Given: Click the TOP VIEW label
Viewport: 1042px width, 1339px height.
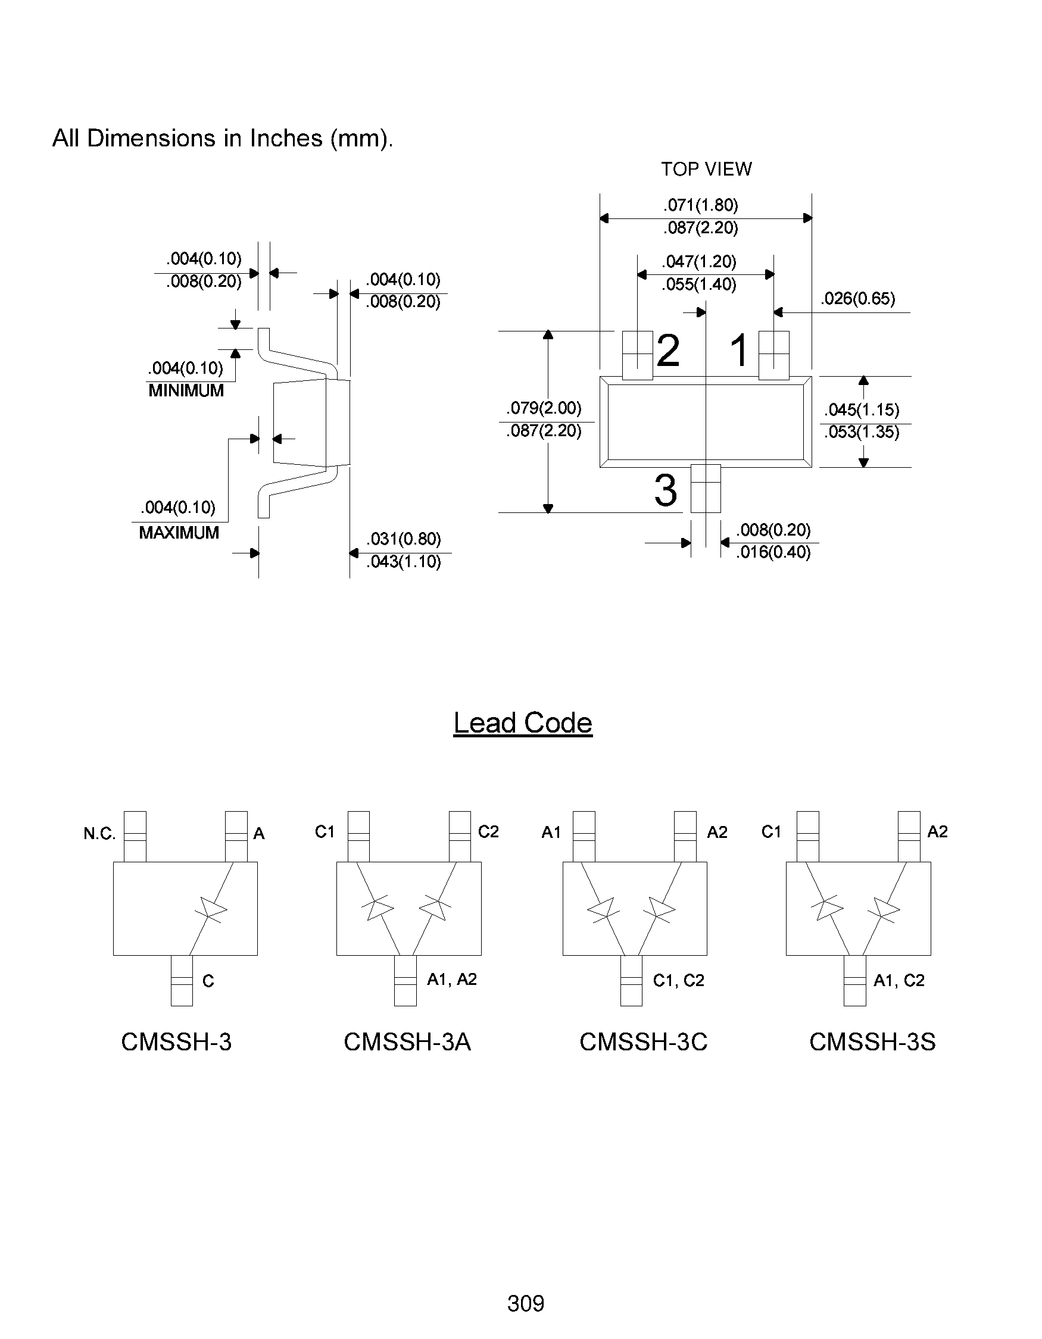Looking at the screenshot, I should click(706, 169).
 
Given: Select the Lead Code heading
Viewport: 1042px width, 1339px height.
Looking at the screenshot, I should click(523, 723).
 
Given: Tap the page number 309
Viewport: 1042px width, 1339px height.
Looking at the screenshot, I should click(526, 1303).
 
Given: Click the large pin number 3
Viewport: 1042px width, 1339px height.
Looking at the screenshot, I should click(666, 490).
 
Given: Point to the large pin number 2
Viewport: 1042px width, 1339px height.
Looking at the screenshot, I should click(668, 351).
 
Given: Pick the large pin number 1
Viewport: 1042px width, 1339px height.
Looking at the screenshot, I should click(739, 351).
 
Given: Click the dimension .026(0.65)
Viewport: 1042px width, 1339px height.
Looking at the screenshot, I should click(858, 299).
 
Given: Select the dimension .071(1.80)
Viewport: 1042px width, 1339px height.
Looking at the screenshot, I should click(700, 205).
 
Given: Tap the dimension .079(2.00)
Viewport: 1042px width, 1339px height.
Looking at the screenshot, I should click(544, 408).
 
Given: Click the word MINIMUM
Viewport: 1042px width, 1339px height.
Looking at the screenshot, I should click(186, 390).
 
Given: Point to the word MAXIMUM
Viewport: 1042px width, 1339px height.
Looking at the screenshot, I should click(179, 533).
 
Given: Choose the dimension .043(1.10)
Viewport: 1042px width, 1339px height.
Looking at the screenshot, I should click(404, 562).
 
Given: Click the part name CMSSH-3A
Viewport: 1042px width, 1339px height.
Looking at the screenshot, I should click(407, 1041).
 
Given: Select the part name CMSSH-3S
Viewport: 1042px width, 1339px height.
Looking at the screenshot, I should click(872, 1041).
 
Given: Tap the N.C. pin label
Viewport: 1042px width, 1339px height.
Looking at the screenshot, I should click(99, 834).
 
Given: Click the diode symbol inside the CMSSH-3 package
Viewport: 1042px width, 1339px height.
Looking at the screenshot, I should click(210, 908).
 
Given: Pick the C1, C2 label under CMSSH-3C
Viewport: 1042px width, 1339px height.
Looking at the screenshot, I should click(678, 980).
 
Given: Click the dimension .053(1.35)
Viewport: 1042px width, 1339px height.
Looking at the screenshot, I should click(861, 432).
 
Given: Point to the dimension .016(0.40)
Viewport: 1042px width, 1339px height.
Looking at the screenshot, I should click(773, 552).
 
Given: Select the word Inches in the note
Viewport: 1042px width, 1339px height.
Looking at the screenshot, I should click(285, 139).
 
